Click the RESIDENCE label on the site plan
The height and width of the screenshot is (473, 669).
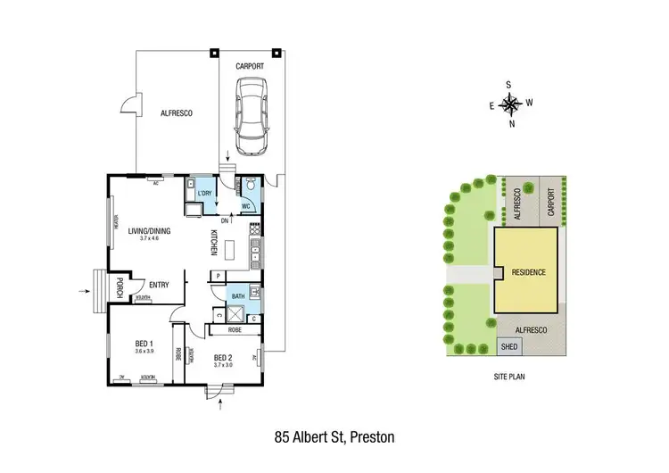tap(527, 270)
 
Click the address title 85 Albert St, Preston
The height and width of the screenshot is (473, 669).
tap(334, 437)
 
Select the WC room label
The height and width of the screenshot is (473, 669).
tap(245, 205)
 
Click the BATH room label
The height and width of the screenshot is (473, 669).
tap(238, 295)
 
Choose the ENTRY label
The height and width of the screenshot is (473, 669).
tap(159, 285)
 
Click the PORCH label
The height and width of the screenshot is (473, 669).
tap(119, 287)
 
